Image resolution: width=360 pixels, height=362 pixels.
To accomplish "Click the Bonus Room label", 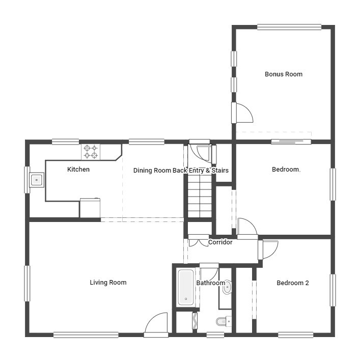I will click(283, 74).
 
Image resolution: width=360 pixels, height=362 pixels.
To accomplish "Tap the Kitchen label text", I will click(78, 170).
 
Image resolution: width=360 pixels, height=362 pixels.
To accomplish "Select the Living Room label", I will click(108, 283).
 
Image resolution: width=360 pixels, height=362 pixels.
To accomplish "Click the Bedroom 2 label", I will click(293, 283).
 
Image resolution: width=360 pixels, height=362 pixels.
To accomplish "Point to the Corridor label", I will click(220, 242).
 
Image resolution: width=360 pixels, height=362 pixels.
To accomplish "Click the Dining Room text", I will click(152, 171).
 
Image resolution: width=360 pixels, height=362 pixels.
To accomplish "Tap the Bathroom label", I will click(210, 283).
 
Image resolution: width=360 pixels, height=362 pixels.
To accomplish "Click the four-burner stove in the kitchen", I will click(91, 152).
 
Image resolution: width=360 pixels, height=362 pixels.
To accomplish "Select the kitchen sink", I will click(37, 180).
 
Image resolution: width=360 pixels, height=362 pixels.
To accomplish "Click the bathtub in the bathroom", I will click(185, 288).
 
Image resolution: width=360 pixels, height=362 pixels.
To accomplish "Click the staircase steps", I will click(199, 196).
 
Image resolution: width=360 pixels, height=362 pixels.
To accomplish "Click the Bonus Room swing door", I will click(243, 113).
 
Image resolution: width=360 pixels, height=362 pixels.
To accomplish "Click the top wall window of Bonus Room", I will click(289, 27).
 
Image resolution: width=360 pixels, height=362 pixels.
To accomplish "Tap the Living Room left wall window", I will click(27, 284).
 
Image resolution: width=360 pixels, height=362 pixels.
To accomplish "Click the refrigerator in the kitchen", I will click(90, 208).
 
